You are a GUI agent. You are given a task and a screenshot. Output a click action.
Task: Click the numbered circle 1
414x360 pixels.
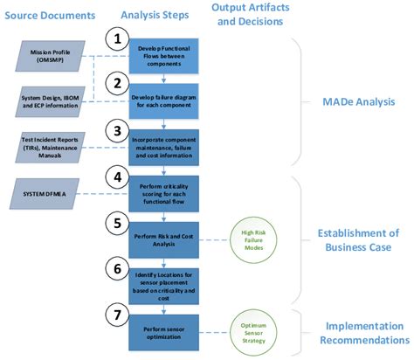click(117, 39)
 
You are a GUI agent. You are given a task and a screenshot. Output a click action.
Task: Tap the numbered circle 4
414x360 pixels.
click(117, 177)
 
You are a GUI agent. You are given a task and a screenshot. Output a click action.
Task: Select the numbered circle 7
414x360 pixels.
click(117, 311)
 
